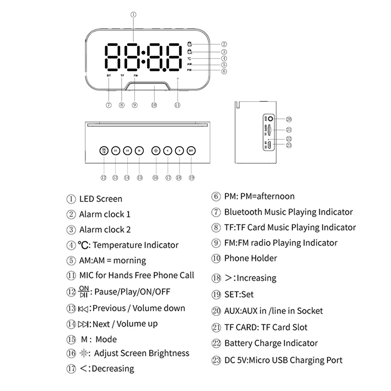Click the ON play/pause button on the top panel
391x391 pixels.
(x=104, y=151)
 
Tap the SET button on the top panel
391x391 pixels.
(x=191, y=151)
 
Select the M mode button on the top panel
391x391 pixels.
(x=139, y=151)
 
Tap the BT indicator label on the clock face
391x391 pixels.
(x=108, y=75)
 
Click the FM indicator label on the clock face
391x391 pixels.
(x=135, y=75)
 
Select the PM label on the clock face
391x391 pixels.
(x=189, y=70)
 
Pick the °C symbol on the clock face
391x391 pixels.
(x=189, y=58)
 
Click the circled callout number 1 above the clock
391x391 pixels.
(x=134, y=14)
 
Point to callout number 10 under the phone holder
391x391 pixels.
(x=154, y=105)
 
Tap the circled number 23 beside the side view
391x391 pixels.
(x=289, y=145)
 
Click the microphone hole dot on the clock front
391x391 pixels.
(x=178, y=79)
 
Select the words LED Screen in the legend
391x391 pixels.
(x=100, y=199)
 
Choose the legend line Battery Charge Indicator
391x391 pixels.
(x=271, y=343)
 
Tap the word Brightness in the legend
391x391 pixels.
(x=169, y=353)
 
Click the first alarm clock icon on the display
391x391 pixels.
(x=190, y=44)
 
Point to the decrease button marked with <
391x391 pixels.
(x=167, y=151)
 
